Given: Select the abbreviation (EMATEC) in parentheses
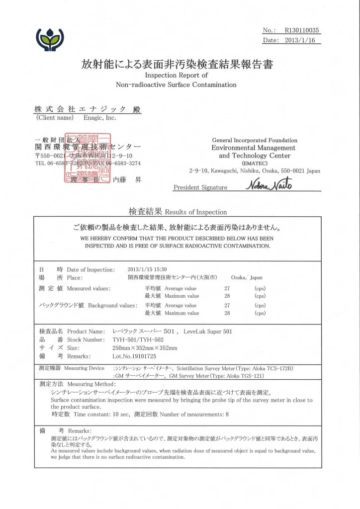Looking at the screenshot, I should pos(254,163).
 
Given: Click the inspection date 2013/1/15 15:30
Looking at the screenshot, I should pos(147,269).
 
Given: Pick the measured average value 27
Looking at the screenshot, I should pos(227,288).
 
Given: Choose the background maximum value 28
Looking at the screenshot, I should pos(227,313).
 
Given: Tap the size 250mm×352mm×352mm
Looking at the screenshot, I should pos(145,348).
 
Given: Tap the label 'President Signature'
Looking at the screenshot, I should pos(200,187).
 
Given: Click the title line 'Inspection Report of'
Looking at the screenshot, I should pos(176,75).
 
